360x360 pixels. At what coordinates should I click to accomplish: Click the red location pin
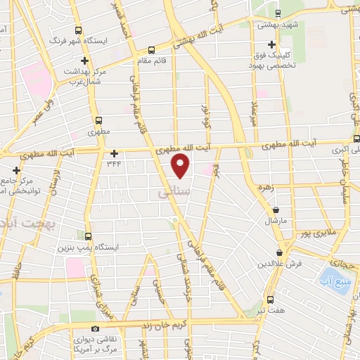pyautogui.click(x=181, y=166)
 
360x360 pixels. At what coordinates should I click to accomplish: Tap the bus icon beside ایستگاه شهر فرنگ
pyautogui.click(x=77, y=30)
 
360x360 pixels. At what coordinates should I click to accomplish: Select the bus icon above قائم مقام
pyautogui.click(x=152, y=50)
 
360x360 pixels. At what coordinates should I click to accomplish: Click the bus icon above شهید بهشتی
pyautogui.click(x=277, y=13)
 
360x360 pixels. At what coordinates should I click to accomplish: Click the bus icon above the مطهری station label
pyautogui.click(x=98, y=120)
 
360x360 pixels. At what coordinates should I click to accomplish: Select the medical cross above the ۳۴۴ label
pyautogui.click(x=115, y=153)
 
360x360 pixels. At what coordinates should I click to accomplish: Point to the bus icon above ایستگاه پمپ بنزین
pyautogui.click(x=87, y=237)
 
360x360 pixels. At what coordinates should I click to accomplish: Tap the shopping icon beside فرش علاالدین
pyautogui.click(x=280, y=252)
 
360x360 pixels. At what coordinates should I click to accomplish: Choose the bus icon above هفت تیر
pyautogui.click(x=270, y=299)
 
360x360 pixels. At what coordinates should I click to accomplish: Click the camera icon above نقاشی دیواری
pyautogui.click(x=95, y=328)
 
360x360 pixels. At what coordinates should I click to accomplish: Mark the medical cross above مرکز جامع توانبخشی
pyautogui.click(x=17, y=170)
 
